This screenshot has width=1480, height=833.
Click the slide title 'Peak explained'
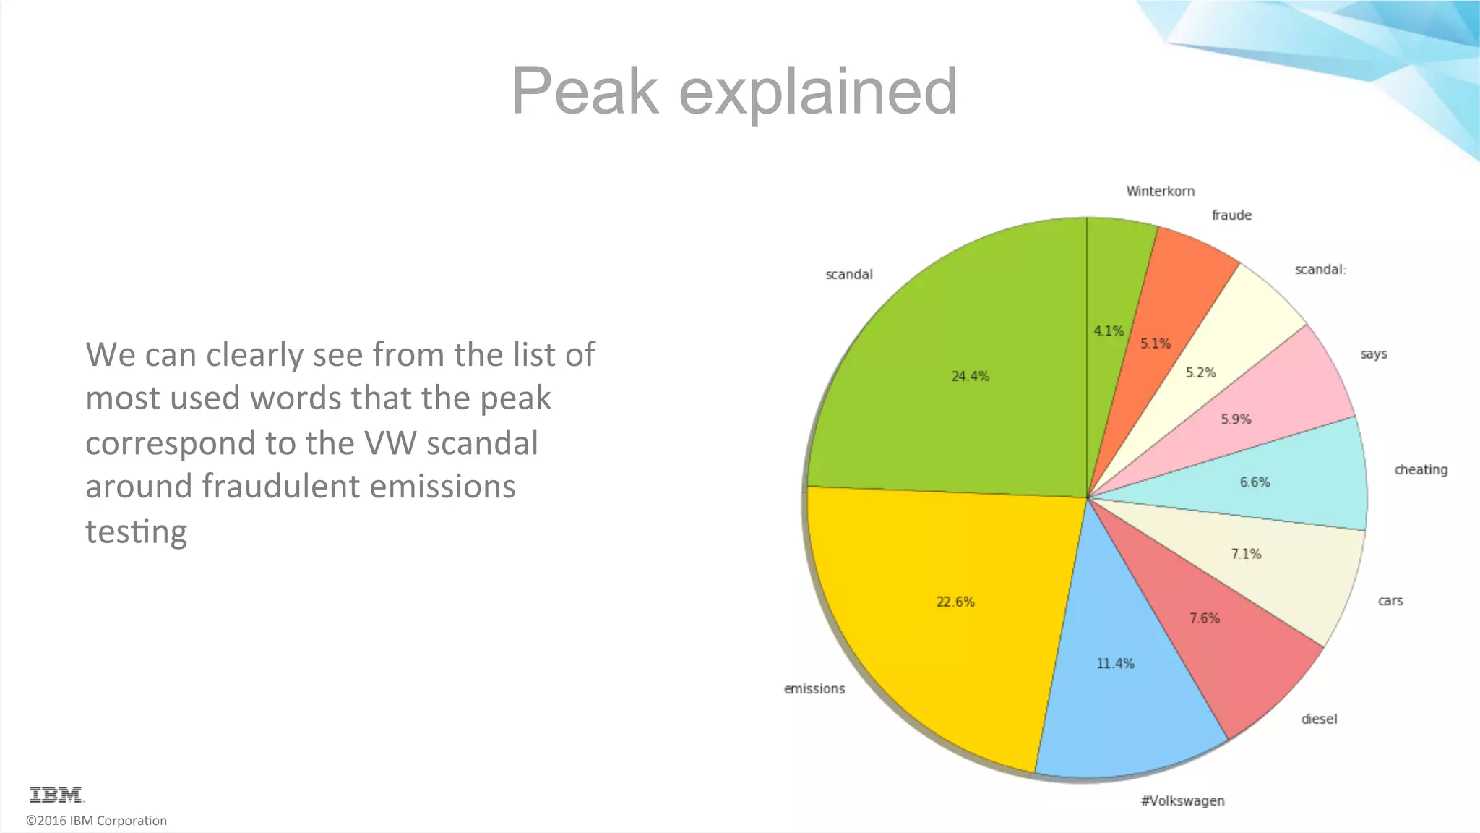(734, 91)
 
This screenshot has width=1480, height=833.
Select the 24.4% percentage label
(970, 376)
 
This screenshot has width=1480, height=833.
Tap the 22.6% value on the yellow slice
(955, 602)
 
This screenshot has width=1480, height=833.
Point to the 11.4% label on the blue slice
(1115, 663)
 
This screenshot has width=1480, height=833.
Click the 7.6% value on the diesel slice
(1205, 618)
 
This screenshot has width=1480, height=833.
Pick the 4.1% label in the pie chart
(1109, 331)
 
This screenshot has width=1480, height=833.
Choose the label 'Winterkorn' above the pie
(1160, 192)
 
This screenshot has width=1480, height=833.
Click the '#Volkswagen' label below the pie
(1182, 800)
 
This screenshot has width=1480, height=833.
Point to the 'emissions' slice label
(814, 689)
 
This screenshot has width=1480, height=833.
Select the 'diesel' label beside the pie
(1319, 719)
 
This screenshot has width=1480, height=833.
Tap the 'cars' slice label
(1390, 601)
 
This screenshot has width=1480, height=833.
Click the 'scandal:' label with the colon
(1320, 270)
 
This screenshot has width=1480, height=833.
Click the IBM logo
(56, 795)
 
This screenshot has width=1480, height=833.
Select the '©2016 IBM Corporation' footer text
(96, 821)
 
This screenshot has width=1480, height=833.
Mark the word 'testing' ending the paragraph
(136, 532)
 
